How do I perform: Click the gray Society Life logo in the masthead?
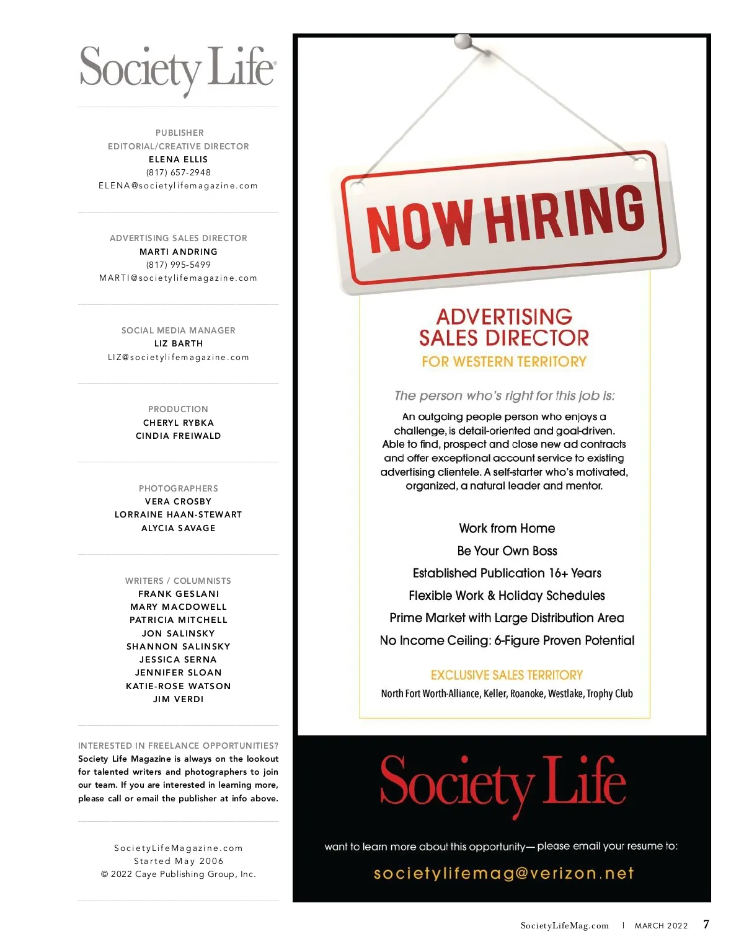pos(178,69)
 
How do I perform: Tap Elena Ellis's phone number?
pos(179,172)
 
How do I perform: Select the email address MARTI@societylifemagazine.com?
pos(179,278)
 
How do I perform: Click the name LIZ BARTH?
pos(179,343)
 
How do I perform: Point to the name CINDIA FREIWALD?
pos(179,436)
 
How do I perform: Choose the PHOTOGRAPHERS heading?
pos(179,488)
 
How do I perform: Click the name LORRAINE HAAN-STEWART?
pos(179,514)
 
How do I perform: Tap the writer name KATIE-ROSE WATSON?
pos(179,686)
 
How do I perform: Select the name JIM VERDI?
pos(179,699)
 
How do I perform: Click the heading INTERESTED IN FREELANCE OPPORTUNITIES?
pos(179,746)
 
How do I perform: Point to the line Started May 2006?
pos(179,861)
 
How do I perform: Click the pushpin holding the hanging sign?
pos(463,42)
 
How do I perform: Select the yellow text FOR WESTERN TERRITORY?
pos(504,362)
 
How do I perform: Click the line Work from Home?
pos(507,529)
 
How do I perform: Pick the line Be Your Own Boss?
pos(507,551)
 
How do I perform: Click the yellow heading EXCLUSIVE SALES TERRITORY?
pos(507,675)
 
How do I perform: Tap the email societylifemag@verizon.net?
pos(503,873)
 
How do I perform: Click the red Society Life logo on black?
pos(503,784)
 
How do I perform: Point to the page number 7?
pos(706,924)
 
